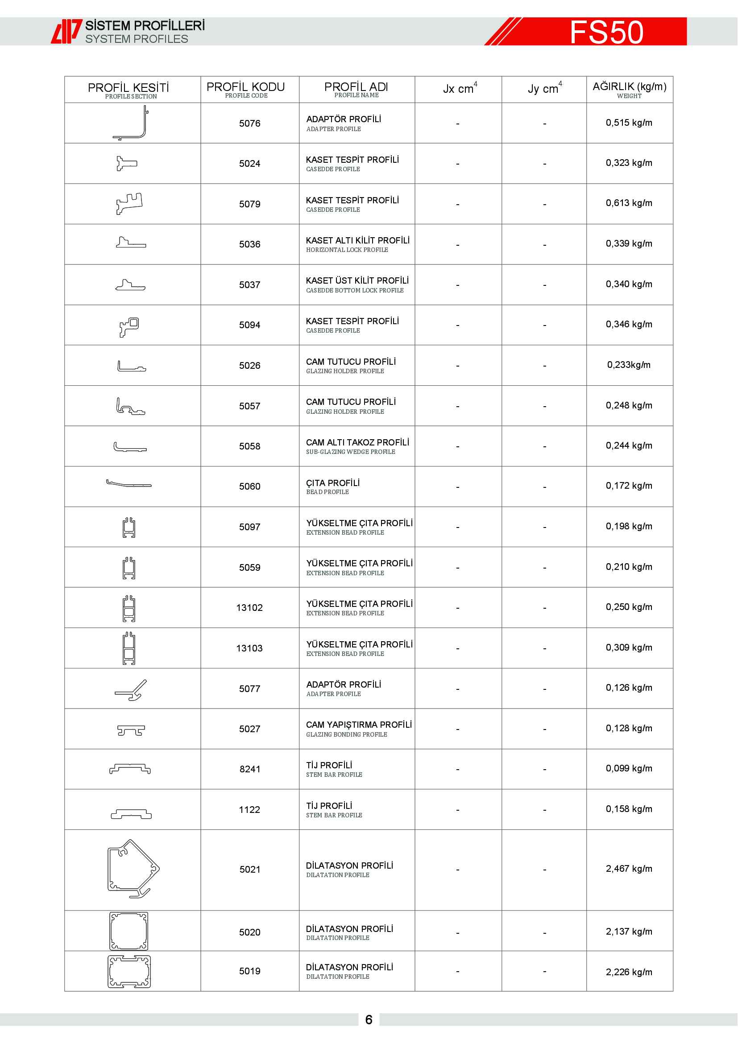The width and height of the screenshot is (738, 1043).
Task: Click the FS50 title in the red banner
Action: pos(606,32)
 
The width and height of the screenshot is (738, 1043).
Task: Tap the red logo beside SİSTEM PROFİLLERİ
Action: pos(66,31)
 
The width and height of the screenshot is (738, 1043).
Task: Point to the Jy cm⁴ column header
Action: pos(544,89)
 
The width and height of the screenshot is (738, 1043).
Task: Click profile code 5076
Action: pos(249,124)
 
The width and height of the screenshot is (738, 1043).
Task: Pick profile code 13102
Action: pos(249,608)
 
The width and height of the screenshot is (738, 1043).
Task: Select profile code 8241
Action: pos(249,769)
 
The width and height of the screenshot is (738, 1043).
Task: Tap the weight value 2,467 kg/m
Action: pos(629,869)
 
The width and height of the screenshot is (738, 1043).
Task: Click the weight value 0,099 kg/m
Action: pos(629,768)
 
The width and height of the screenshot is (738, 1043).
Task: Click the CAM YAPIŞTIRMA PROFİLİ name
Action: pos(359,725)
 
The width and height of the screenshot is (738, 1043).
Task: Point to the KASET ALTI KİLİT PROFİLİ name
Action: pos(358,240)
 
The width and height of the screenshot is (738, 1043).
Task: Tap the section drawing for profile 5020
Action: pos(129,931)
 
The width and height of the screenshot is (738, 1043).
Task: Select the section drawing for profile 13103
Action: pos(129,648)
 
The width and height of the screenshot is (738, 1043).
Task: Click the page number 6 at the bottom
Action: pos(369,1020)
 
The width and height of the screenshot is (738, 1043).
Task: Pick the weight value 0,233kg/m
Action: pos(629,365)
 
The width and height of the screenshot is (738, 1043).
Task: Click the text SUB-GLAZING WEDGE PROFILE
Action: pos(350,452)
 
